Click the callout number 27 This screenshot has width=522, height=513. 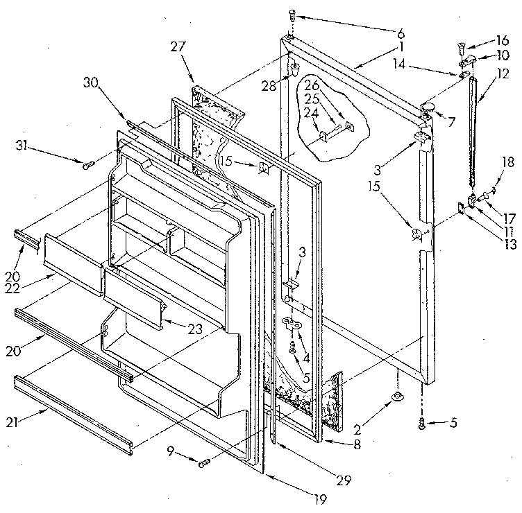click(178, 47)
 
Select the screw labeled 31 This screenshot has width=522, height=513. click(87, 165)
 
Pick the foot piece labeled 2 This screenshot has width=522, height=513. click(398, 396)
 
